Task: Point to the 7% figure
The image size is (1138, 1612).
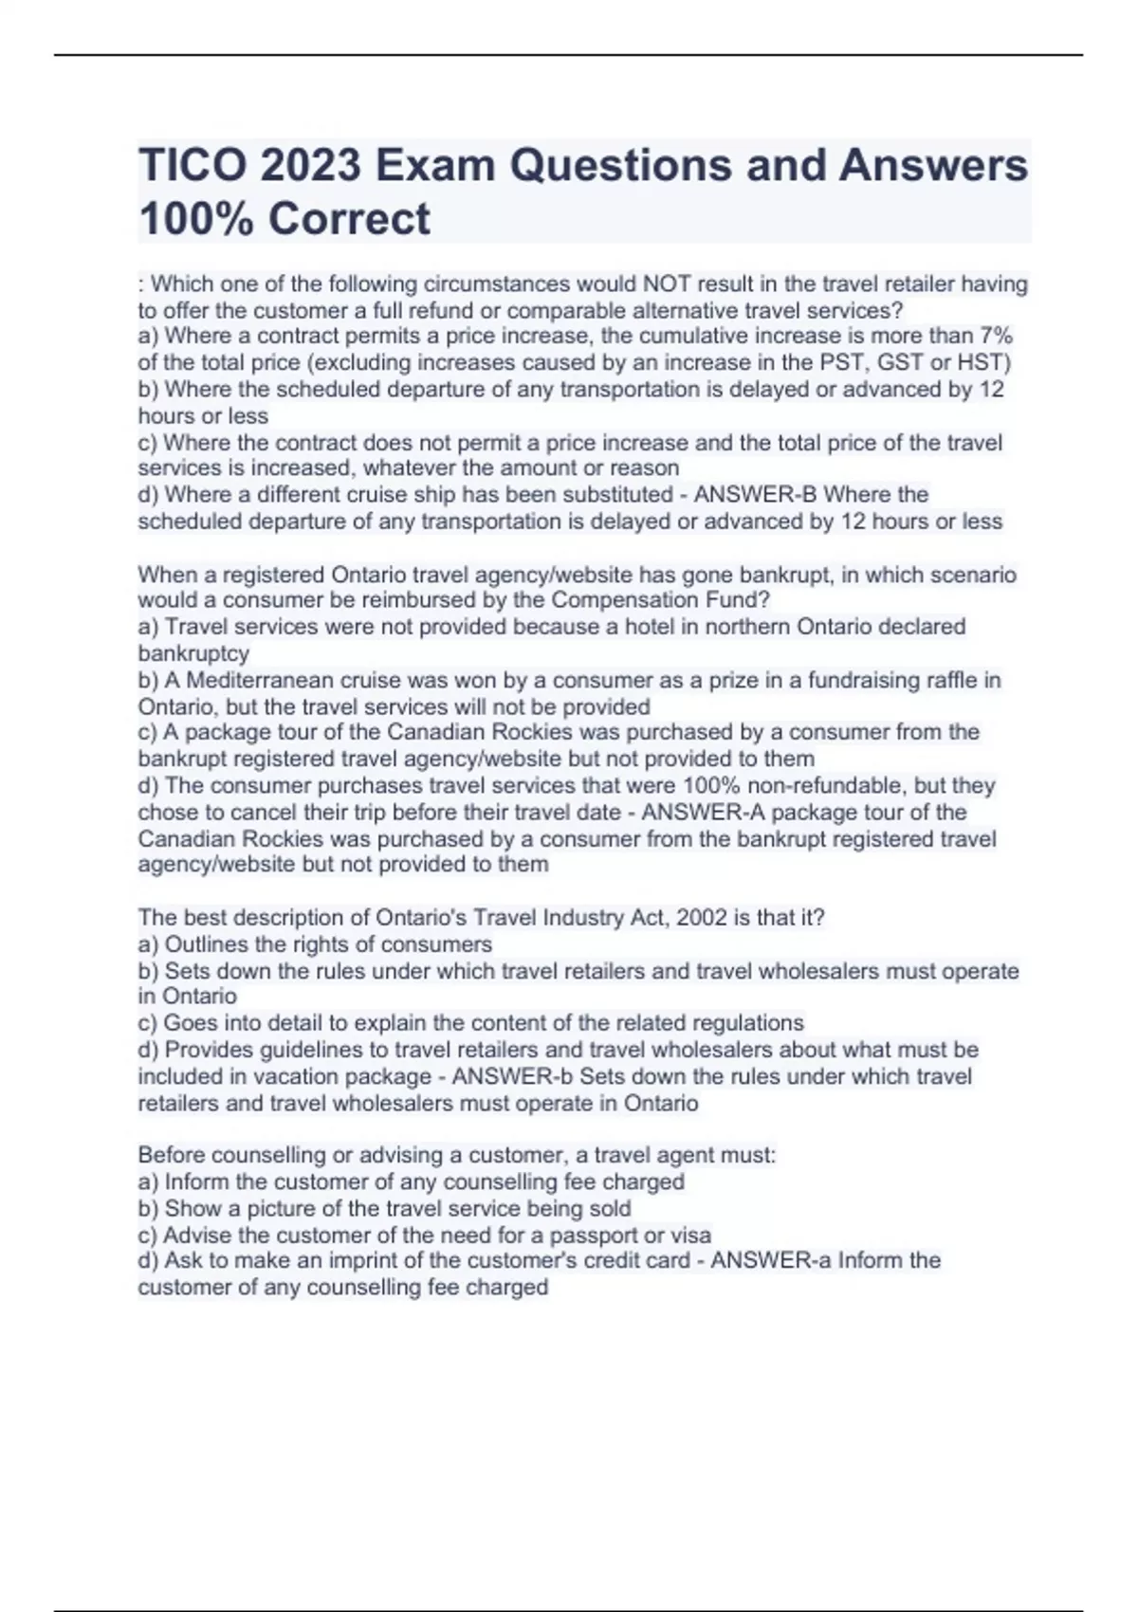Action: [x=997, y=336]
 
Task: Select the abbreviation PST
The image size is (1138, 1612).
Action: [x=841, y=362]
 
